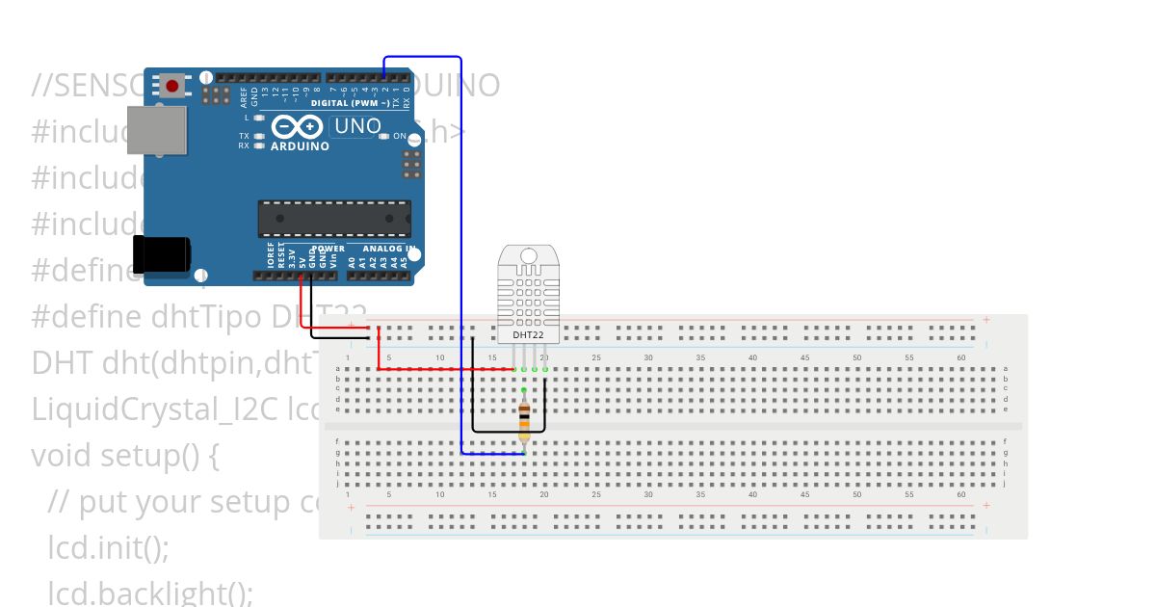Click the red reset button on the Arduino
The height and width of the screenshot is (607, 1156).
[x=172, y=86]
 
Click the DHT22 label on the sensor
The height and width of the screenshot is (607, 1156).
[x=527, y=335]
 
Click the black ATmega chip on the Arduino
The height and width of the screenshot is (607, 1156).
[x=333, y=219]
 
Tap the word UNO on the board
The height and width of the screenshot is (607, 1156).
[x=356, y=126]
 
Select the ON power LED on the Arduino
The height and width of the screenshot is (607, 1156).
[x=384, y=136]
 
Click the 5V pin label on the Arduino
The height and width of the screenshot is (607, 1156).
[x=302, y=257]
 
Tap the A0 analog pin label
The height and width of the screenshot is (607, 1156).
[x=352, y=260]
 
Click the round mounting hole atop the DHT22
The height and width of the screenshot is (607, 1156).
[x=527, y=255]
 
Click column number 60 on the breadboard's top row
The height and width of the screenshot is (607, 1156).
[x=960, y=357]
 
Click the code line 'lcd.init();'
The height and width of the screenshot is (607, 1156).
[x=108, y=548]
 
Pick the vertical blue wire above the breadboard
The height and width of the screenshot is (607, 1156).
[x=461, y=241]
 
